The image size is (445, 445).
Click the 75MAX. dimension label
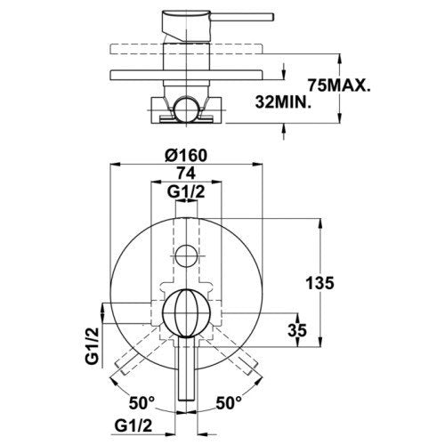coord(339,85)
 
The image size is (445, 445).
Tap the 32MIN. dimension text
coord(283,102)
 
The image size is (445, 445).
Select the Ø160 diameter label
coord(186,155)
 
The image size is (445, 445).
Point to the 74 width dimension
coord(186,174)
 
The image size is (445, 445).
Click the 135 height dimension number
coord(320,283)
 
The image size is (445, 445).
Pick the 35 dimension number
coord(297,330)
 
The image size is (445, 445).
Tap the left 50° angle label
coord(142,403)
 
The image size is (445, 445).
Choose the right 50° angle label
coord(229,403)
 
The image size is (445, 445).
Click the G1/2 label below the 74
coord(186,192)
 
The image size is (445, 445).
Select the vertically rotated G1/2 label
coord(92,346)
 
